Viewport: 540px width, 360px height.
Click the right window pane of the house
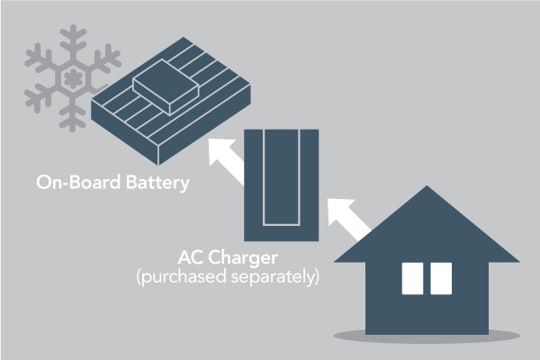440,278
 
